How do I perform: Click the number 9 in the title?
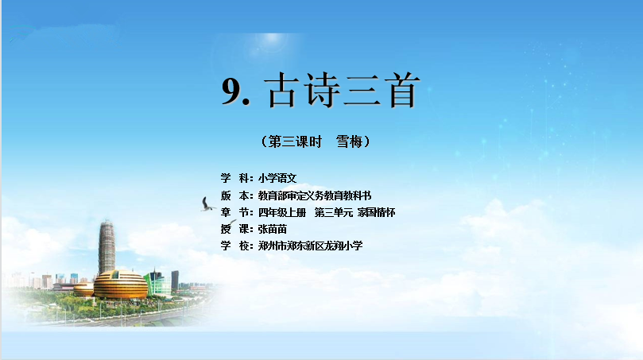pyautogui.click(x=233, y=91)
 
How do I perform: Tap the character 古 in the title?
pyautogui.click(x=282, y=91)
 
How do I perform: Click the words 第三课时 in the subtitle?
pyautogui.click(x=295, y=142)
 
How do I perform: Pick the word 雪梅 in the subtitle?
pyautogui.click(x=350, y=142)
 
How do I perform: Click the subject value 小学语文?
pyautogui.click(x=277, y=178)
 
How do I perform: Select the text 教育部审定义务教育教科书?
pyautogui.click(x=315, y=195)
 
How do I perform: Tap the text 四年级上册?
pyautogui.click(x=282, y=212)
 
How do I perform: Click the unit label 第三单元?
pyautogui.click(x=333, y=212)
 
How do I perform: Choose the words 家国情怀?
pyautogui.click(x=376, y=212)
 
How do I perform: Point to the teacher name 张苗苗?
pyautogui.click(x=273, y=229)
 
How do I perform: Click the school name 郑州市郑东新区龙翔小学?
pyautogui.click(x=311, y=246)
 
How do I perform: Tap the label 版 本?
pyautogui.click(x=237, y=195)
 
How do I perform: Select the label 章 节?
pyautogui.click(x=237, y=212)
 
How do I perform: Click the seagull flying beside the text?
pyautogui.click(x=207, y=204)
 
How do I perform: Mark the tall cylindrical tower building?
pyautogui.click(x=107, y=247)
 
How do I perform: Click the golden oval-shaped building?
pyautogui.click(x=121, y=285)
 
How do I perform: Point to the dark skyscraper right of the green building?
pyautogui.click(x=175, y=280)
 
